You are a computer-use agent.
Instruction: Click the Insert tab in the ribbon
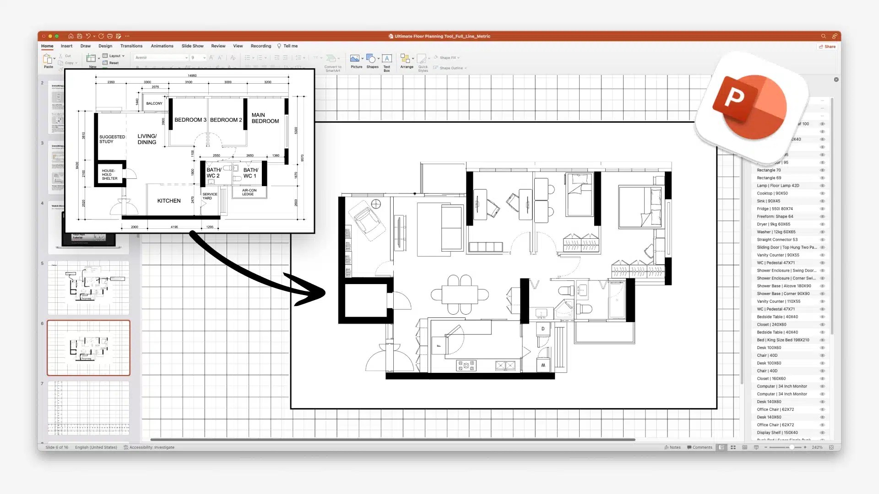66,46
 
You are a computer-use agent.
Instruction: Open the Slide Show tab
192,46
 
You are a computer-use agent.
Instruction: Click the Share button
827,47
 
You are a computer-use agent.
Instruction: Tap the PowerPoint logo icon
750,107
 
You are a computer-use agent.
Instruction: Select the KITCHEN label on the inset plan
169,201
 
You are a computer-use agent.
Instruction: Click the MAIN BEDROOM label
265,118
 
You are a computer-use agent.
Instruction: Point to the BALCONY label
154,103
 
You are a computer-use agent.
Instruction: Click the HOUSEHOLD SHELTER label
109,175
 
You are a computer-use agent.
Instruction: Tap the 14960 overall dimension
192,76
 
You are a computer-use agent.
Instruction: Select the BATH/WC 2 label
213,172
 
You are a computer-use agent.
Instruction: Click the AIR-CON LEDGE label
249,192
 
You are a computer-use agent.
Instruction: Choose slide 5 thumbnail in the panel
88,288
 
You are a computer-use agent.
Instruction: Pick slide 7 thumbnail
88,408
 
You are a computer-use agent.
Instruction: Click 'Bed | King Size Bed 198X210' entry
783,340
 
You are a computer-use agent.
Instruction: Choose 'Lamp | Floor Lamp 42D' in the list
778,186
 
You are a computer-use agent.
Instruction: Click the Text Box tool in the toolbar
387,61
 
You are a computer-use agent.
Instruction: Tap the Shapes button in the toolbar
372,61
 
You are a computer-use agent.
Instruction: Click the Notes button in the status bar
673,447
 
